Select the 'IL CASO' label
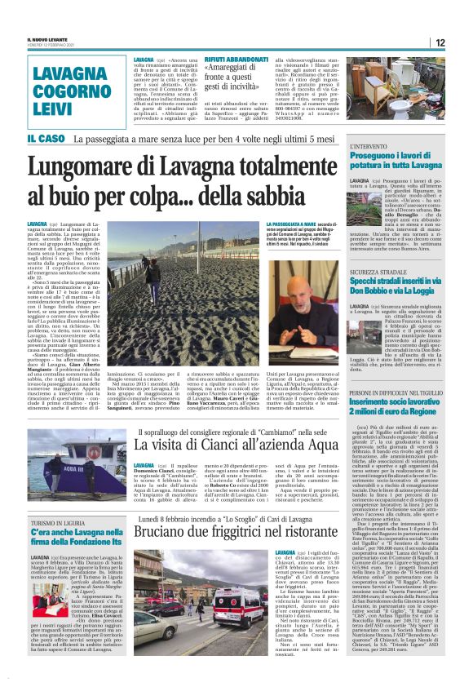46,140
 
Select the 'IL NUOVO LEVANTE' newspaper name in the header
46,38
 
